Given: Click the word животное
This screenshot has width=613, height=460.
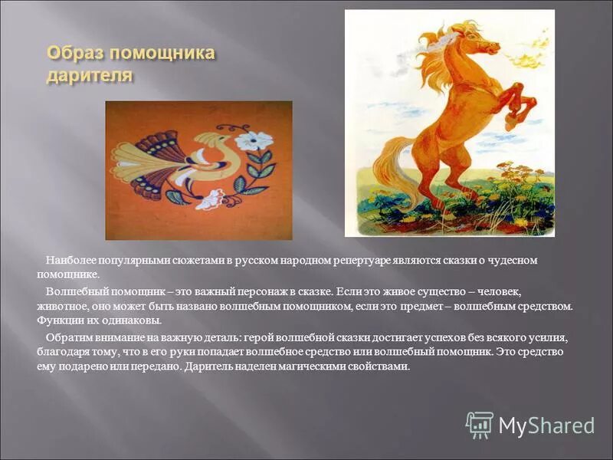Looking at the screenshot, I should (x=64, y=306).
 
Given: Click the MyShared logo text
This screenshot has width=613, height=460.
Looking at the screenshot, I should (x=546, y=426).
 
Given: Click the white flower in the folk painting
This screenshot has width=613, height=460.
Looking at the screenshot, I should (x=253, y=141).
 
